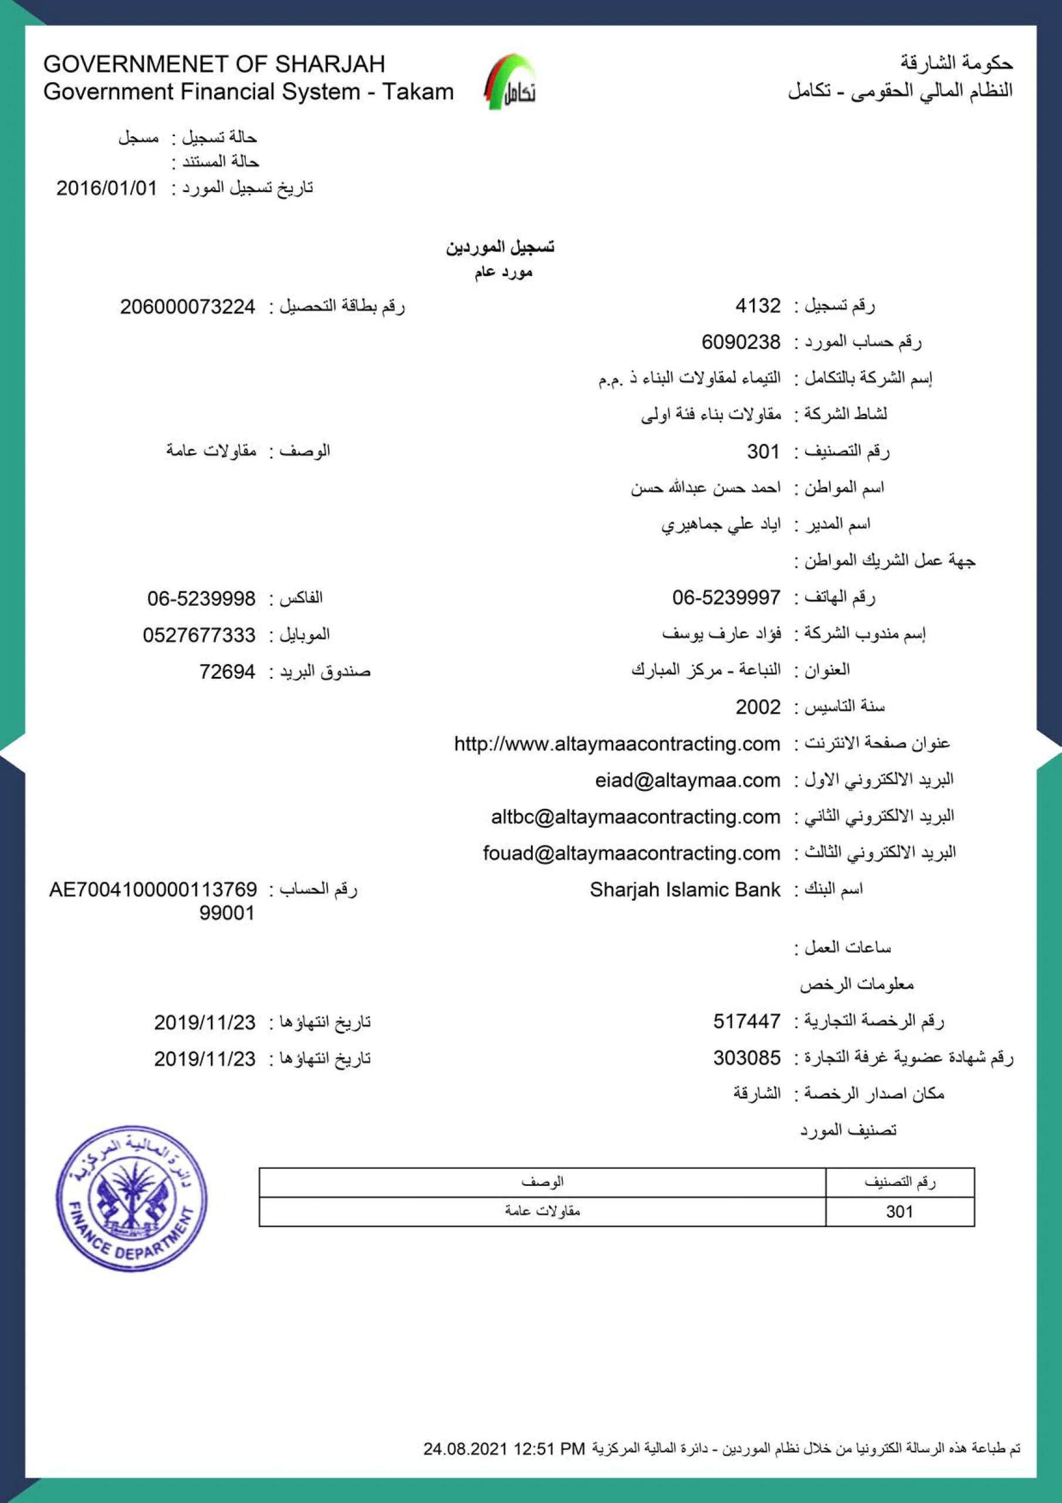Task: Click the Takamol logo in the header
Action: click(510, 82)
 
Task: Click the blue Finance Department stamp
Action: click(131, 1199)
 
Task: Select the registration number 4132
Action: click(757, 306)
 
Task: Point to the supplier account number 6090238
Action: click(740, 342)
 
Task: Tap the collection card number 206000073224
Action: click(187, 306)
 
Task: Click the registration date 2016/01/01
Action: click(107, 188)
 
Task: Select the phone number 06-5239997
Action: click(726, 597)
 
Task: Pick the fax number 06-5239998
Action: click(201, 598)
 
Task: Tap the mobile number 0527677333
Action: click(199, 635)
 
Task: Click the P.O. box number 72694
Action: click(227, 672)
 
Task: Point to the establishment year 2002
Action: click(757, 707)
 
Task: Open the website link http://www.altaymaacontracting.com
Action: click(617, 744)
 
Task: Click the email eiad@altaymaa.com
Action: click(687, 780)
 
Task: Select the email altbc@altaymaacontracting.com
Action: click(635, 817)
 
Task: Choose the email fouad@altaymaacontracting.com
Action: click(631, 853)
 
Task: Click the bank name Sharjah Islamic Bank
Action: click(685, 889)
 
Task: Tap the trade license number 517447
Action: click(746, 1021)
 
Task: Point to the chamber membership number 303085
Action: click(746, 1058)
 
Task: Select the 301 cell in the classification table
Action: click(899, 1212)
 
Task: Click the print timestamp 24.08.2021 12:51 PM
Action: click(504, 1448)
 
